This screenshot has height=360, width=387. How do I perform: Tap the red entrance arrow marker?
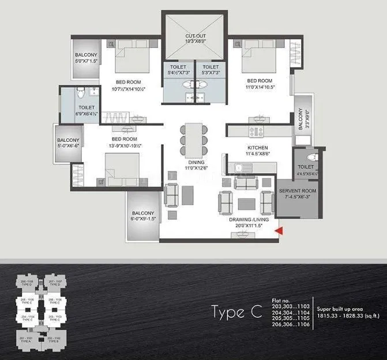click(x=280, y=231)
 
